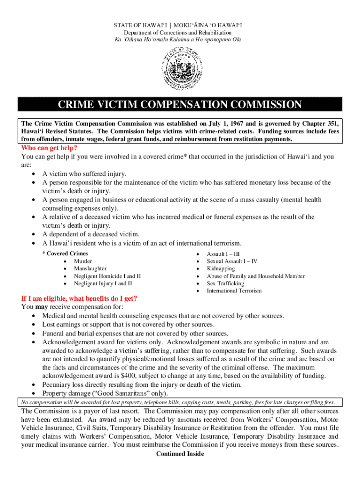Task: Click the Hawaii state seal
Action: (x=180, y=69)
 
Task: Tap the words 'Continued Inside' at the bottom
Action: (x=180, y=453)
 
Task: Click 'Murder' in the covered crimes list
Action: (x=83, y=261)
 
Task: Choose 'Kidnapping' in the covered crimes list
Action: (x=221, y=269)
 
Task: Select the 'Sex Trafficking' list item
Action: (x=225, y=283)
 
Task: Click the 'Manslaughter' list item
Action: (x=90, y=269)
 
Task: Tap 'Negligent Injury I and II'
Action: (x=103, y=283)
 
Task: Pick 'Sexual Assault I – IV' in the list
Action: (x=232, y=261)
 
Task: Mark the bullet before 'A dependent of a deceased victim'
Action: (x=34, y=234)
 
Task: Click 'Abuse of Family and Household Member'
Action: (x=255, y=276)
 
